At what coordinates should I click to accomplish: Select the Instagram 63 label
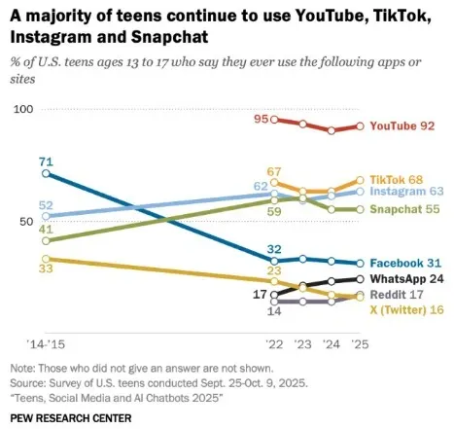point(405,192)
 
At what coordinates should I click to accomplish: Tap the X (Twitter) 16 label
point(403,309)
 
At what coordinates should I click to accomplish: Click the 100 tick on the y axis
point(23,109)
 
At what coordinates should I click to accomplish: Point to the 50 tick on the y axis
point(26,221)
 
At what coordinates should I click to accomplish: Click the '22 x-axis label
point(275,345)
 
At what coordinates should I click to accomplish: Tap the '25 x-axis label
point(359,345)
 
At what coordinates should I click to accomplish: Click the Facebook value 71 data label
point(46,161)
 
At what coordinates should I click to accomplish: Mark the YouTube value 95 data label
point(261,119)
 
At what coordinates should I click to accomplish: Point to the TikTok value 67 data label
point(274,171)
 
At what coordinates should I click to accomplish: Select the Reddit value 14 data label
point(274,312)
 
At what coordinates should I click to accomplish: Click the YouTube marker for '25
point(360,126)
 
